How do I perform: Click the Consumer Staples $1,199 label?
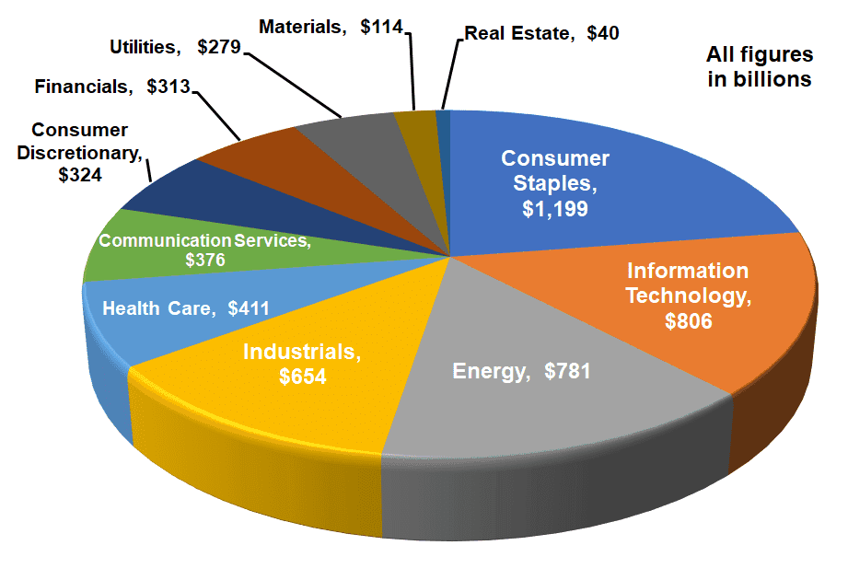click(555, 183)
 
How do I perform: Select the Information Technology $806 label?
click(688, 296)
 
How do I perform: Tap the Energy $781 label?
click(521, 372)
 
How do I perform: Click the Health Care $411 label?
click(186, 307)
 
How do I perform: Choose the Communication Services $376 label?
click(205, 249)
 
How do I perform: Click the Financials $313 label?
click(111, 87)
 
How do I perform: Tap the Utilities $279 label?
click(174, 46)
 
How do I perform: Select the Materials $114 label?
click(331, 27)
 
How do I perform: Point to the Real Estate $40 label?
click(541, 33)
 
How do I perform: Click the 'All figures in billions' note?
click(759, 66)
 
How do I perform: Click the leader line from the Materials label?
click(412, 69)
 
